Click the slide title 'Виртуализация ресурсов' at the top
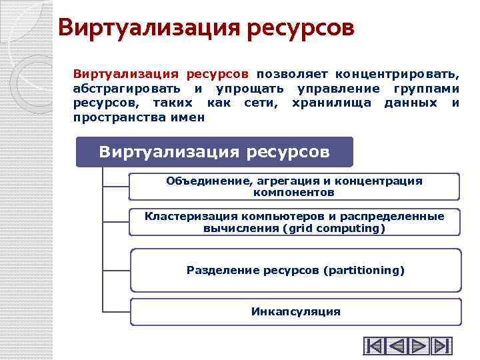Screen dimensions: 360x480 coord(206,28)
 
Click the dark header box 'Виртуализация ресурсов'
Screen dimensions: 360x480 coord(214,152)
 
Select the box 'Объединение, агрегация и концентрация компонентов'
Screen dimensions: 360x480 coord(294,187)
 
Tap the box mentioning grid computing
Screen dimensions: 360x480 coord(294,222)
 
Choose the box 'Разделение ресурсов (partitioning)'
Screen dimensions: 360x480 coord(295,270)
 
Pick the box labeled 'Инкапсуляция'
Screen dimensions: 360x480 coord(295,311)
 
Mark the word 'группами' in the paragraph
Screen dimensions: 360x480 coord(426,89)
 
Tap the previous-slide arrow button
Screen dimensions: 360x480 coord(397,346)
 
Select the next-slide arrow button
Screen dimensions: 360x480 coord(419,346)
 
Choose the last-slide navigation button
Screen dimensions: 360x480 coord(441,346)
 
